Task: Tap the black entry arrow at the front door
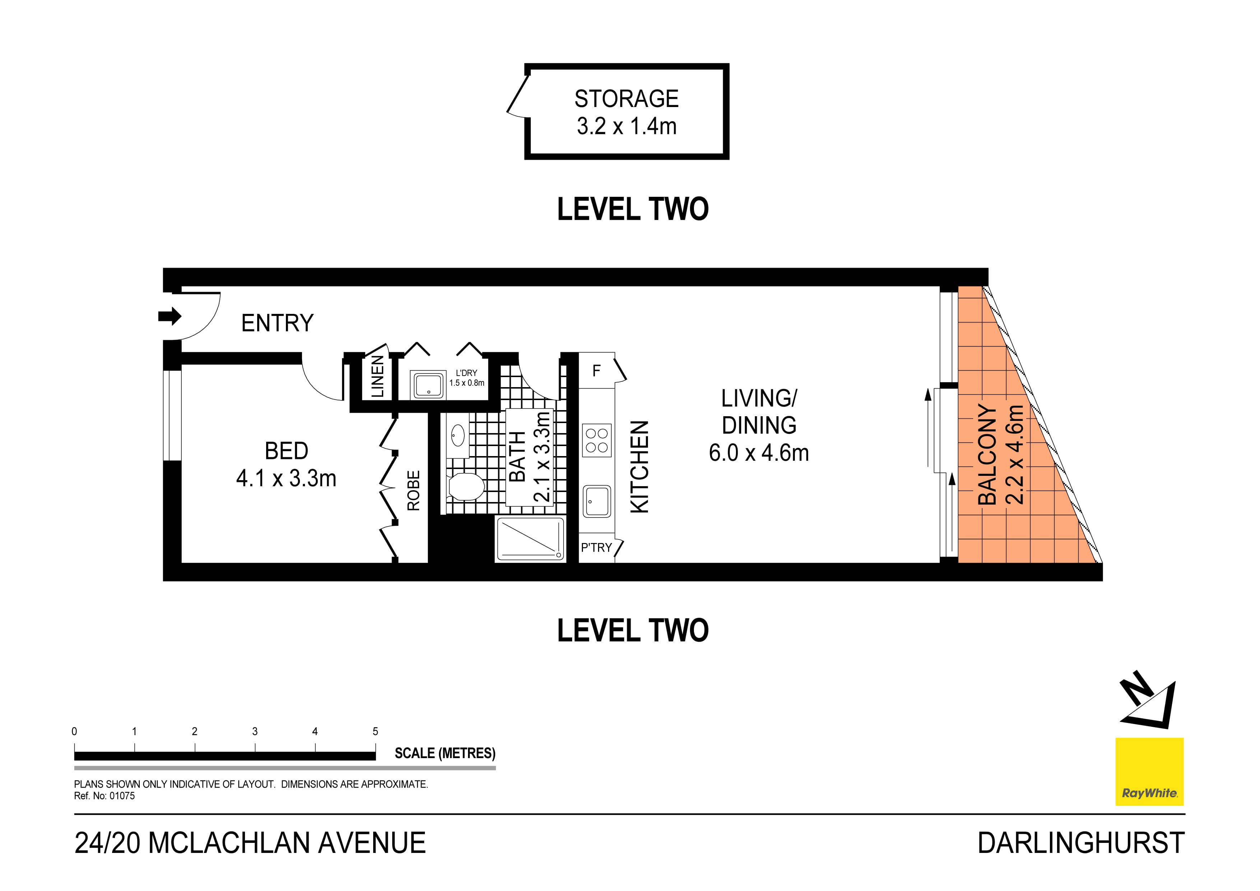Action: pyautogui.click(x=170, y=316)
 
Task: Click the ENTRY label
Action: pyautogui.click(x=277, y=323)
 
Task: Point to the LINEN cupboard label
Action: pyautogui.click(x=377, y=376)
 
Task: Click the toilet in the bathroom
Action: pyautogui.click(x=465, y=487)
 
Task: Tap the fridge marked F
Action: pyautogui.click(x=597, y=371)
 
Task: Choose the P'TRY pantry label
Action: pyautogui.click(x=597, y=548)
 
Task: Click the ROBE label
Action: pyautogui.click(x=413, y=491)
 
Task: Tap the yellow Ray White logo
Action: pyautogui.click(x=1149, y=771)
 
